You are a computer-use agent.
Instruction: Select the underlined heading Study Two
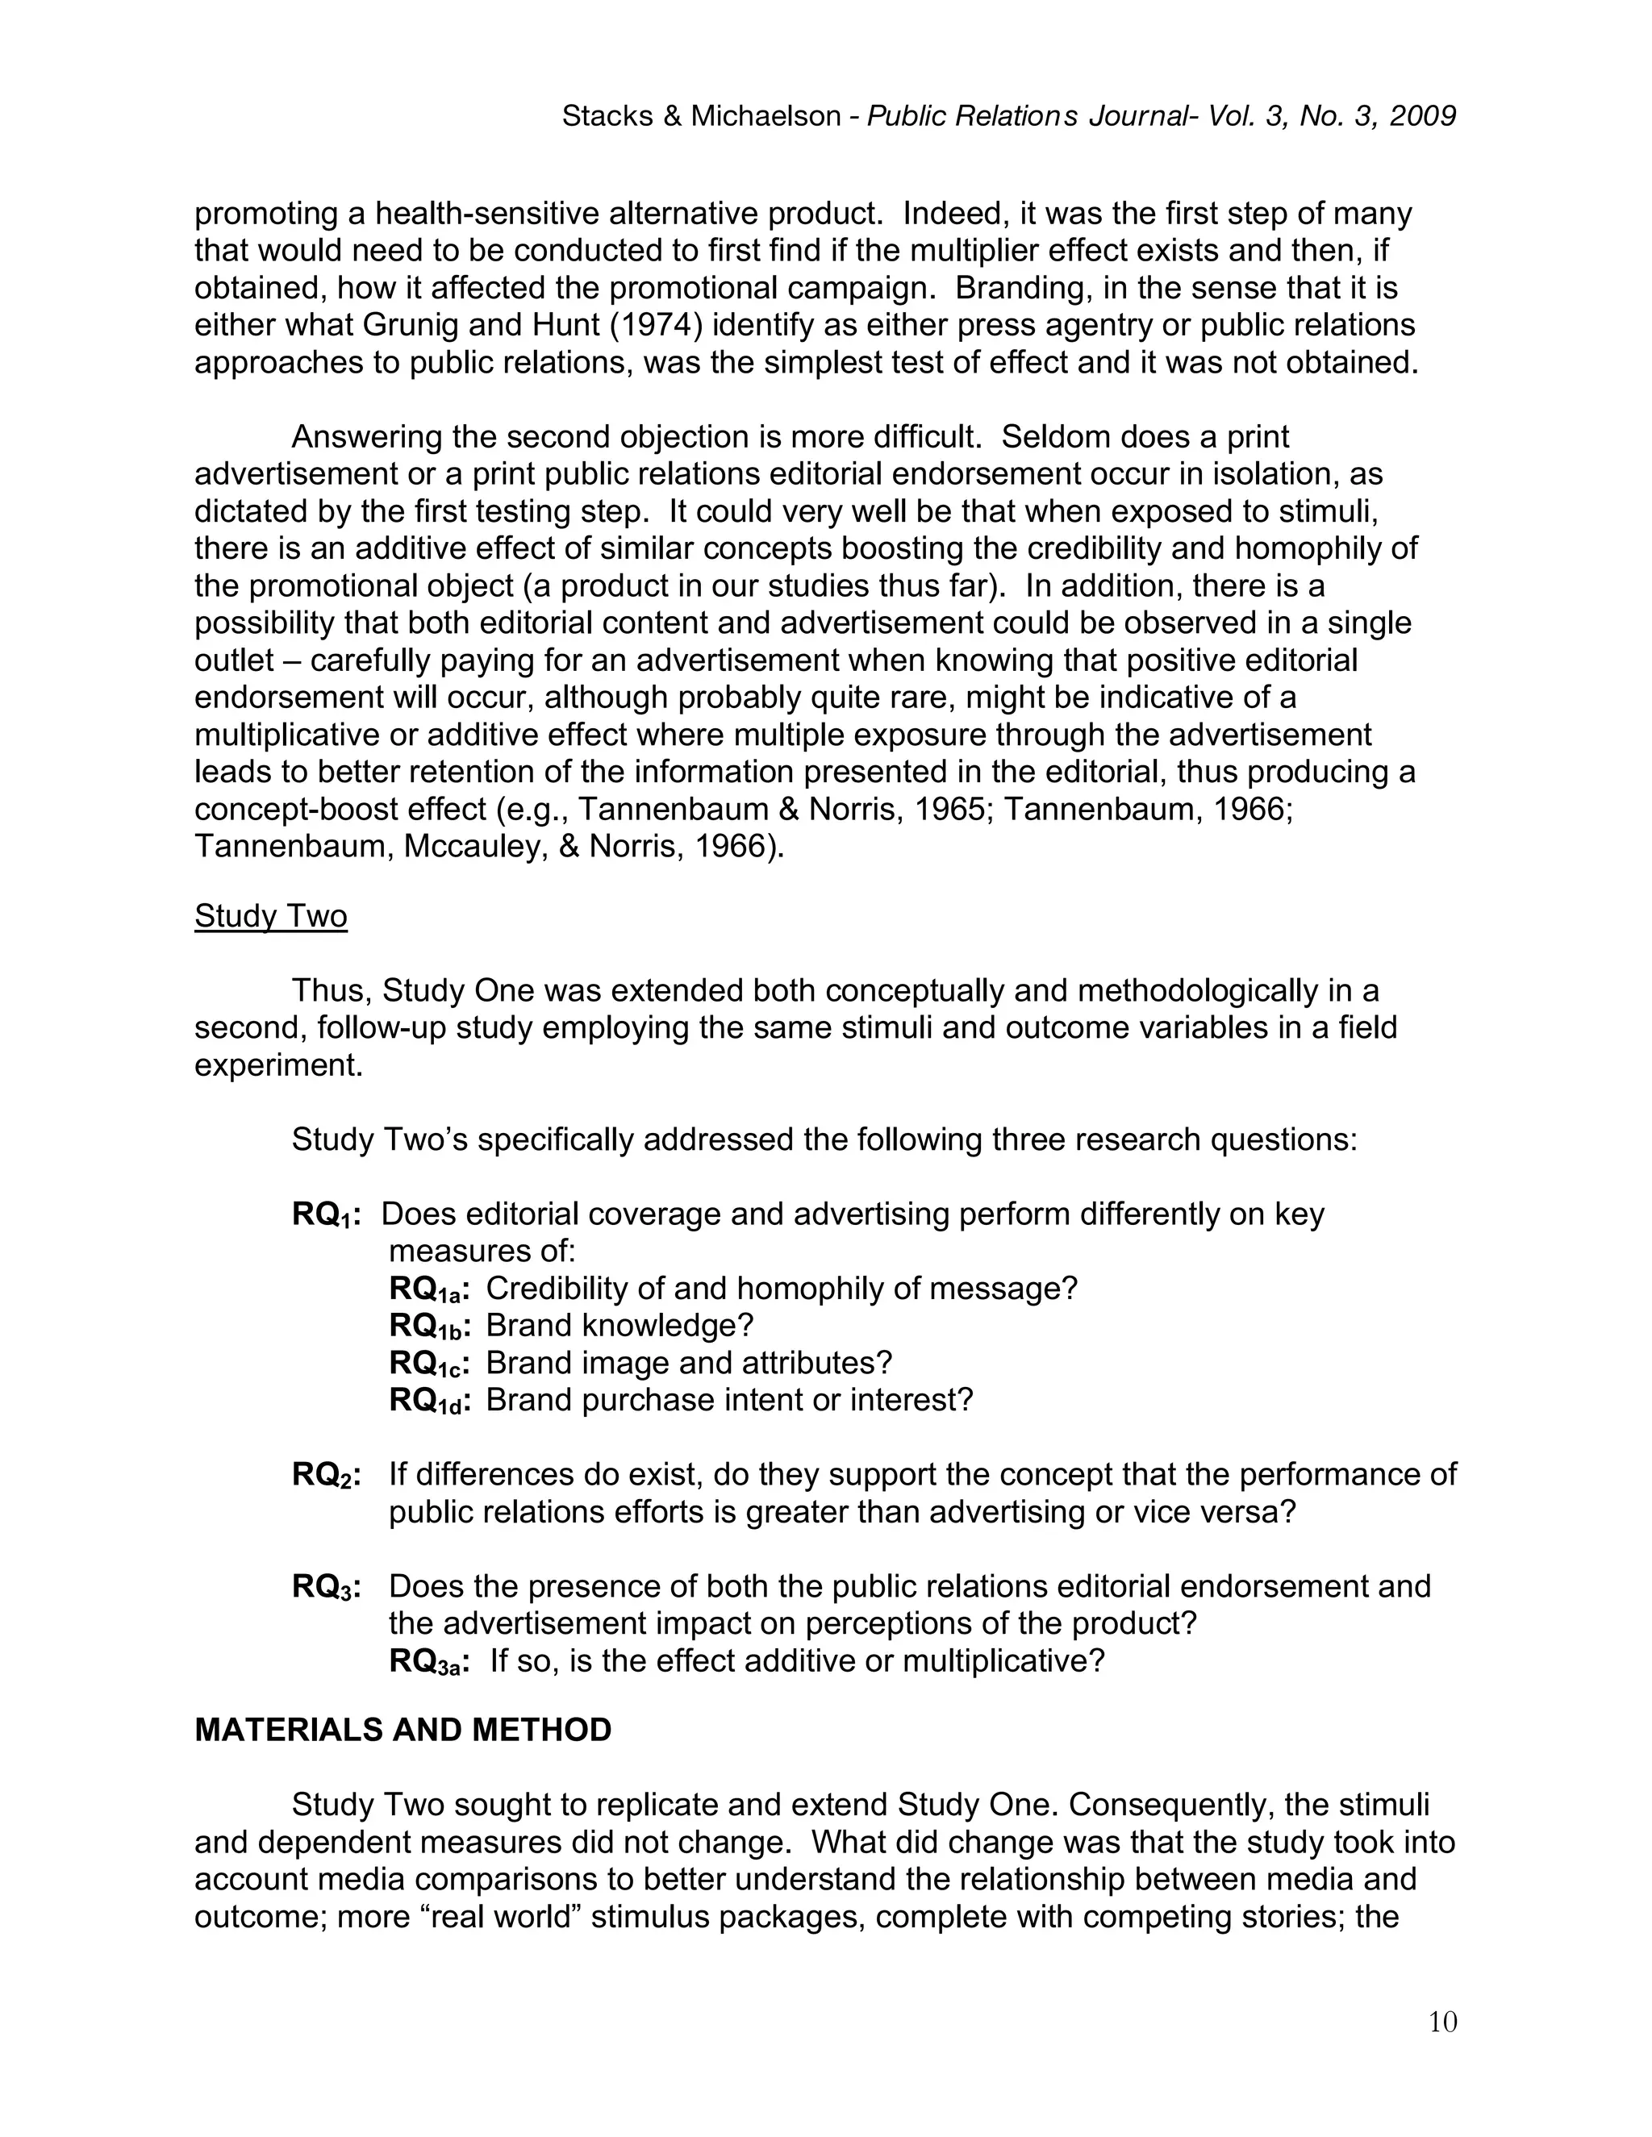(x=270, y=916)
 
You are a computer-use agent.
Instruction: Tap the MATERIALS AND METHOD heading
(x=403, y=1730)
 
